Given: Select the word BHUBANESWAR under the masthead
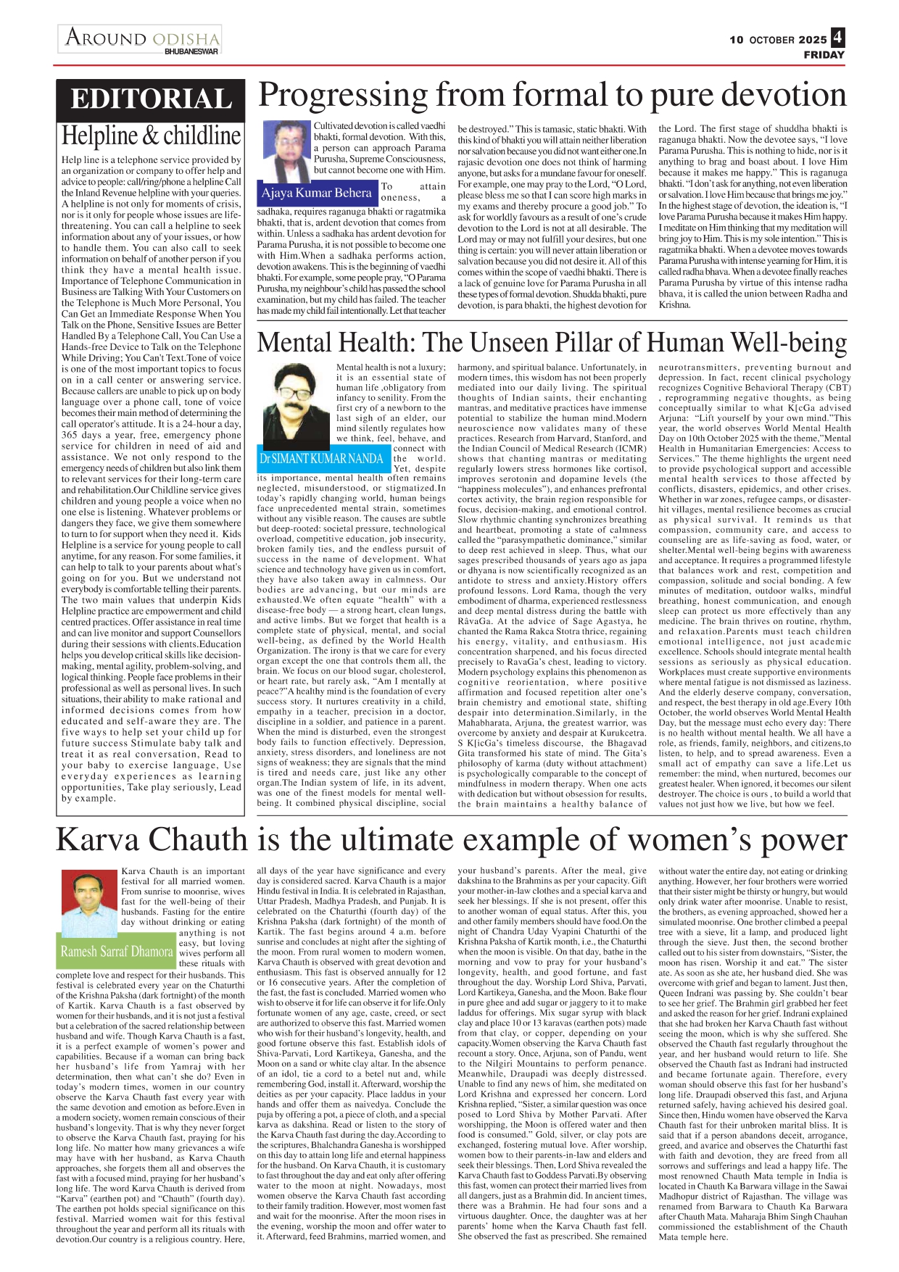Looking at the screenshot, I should coord(191,51).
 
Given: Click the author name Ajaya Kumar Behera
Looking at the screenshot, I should coord(316,193).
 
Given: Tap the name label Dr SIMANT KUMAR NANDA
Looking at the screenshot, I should coord(321,459).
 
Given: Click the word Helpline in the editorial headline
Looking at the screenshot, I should coord(100,136).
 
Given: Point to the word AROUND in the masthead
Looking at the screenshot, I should coord(106,37).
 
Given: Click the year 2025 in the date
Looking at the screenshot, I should coord(813,40).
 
